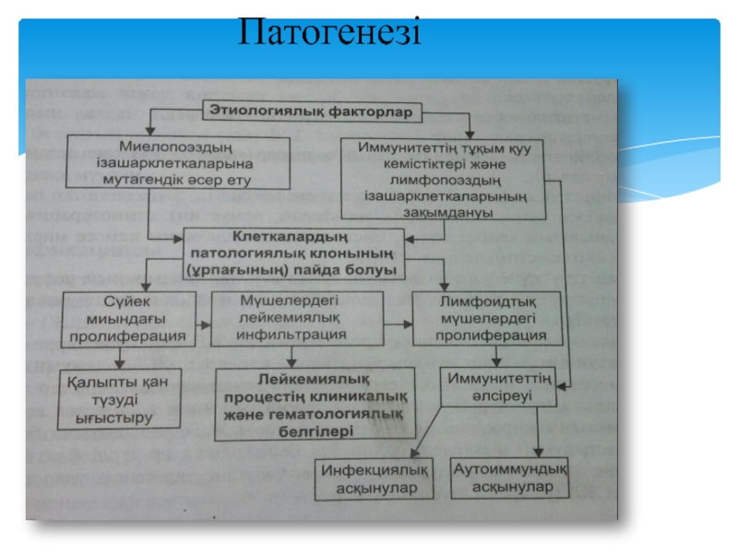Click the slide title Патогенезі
[328, 32]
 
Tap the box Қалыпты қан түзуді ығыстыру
[115, 398]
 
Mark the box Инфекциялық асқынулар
[374, 478]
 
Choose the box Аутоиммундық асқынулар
[509, 477]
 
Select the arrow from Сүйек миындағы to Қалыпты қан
[117, 357]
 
